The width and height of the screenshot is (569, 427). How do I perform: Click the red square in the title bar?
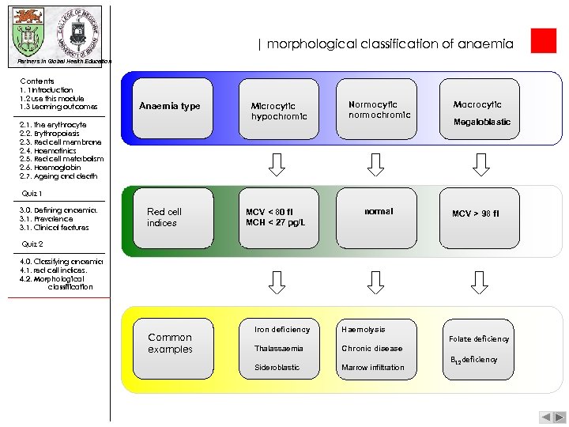pyautogui.click(x=544, y=41)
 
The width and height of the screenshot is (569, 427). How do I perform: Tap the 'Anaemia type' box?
pyautogui.click(x=170, y=106)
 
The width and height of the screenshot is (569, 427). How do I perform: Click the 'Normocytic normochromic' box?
pyautogui.click(x=379, y=110)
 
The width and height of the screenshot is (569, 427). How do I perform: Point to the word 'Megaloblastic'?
pyautogui.click(x=481, y=122)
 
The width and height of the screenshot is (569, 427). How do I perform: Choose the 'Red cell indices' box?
pyautogui.click(x=170, y=217)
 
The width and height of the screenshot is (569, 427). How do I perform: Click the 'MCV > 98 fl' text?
pyautogui.click(x=476, y=213)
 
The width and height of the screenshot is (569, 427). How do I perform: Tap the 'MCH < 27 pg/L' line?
pyautogui.click(x=275, y=222)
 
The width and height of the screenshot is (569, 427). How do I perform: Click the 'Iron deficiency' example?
pyautogui.click(x=282, y=329)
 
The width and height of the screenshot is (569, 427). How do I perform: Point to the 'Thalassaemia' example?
pyautogui.click(x=278, y=348)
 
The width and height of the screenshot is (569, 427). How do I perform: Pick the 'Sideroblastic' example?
pyautogui.click(x=277, y=367)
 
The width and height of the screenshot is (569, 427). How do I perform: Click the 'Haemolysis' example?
pyautogui.click(x=363, y=329)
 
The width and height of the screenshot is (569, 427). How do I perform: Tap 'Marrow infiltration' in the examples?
pyautogui.click(x=372, y=367)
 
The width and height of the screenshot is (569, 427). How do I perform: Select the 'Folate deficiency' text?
pyautogui.click(x=479, y=339)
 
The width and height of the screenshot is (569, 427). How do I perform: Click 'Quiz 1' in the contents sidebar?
pyautogui.click(x=32, y=193)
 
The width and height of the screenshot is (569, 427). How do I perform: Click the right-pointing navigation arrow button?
pyautogui.click(x=558, y=417)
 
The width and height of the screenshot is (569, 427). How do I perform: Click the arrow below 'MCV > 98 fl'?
pyautogui.click(x=477, y=282)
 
